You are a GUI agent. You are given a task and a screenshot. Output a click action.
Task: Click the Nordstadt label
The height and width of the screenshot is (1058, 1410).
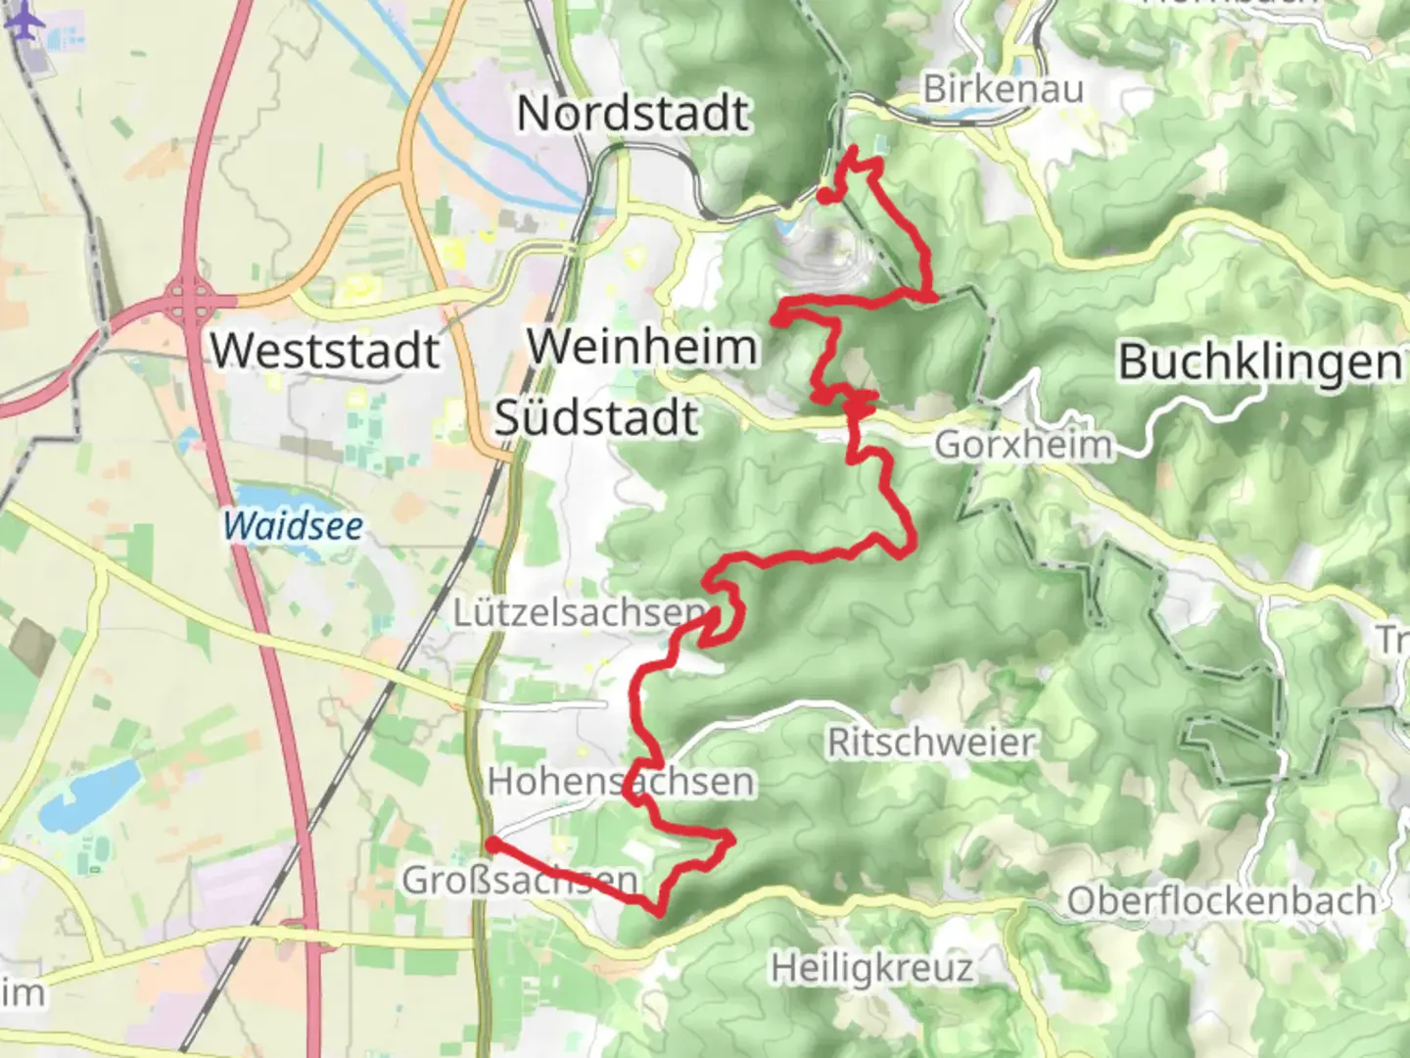633,113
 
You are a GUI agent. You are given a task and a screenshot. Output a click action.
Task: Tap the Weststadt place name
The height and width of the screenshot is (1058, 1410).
325,350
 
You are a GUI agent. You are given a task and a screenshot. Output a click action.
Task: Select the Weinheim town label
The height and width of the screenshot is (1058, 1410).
642,347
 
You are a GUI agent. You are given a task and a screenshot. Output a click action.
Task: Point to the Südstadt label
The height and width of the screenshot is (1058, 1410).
596,418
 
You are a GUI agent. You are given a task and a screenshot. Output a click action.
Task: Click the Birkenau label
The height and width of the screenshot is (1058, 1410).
1003,89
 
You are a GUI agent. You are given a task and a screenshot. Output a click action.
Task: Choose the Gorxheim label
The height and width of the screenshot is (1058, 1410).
1023,445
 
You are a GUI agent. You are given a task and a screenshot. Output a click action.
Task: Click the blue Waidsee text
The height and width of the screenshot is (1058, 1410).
293,526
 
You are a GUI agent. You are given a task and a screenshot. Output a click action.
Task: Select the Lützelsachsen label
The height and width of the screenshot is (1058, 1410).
578,613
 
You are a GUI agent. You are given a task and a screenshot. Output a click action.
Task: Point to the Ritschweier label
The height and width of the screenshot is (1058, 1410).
930,743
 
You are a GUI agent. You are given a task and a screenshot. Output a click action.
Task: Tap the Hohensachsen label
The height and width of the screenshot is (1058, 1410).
622,782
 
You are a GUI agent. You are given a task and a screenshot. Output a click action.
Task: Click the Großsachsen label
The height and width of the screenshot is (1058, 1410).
520,881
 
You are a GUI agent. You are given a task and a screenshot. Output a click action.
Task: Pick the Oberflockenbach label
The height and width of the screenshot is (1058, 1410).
1221,901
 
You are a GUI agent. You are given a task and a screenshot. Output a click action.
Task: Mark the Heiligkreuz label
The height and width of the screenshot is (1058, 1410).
871,969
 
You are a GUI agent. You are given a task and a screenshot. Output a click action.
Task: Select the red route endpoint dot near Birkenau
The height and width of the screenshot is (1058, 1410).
825,197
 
